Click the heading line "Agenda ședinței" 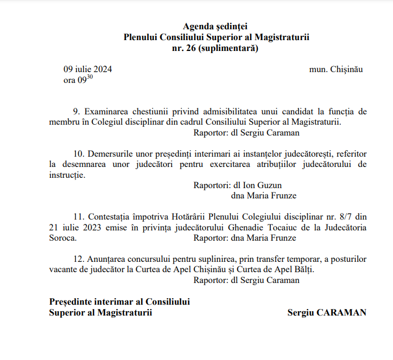(x=216, y=26)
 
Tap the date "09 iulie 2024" (x=88, y=69)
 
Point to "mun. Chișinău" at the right (x=335, y=69)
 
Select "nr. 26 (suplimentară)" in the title (x=216, y=48)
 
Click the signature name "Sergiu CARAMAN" (x=327, y=312)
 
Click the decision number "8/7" (x=332, y=217)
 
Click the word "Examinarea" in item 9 (x=106, y=112)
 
